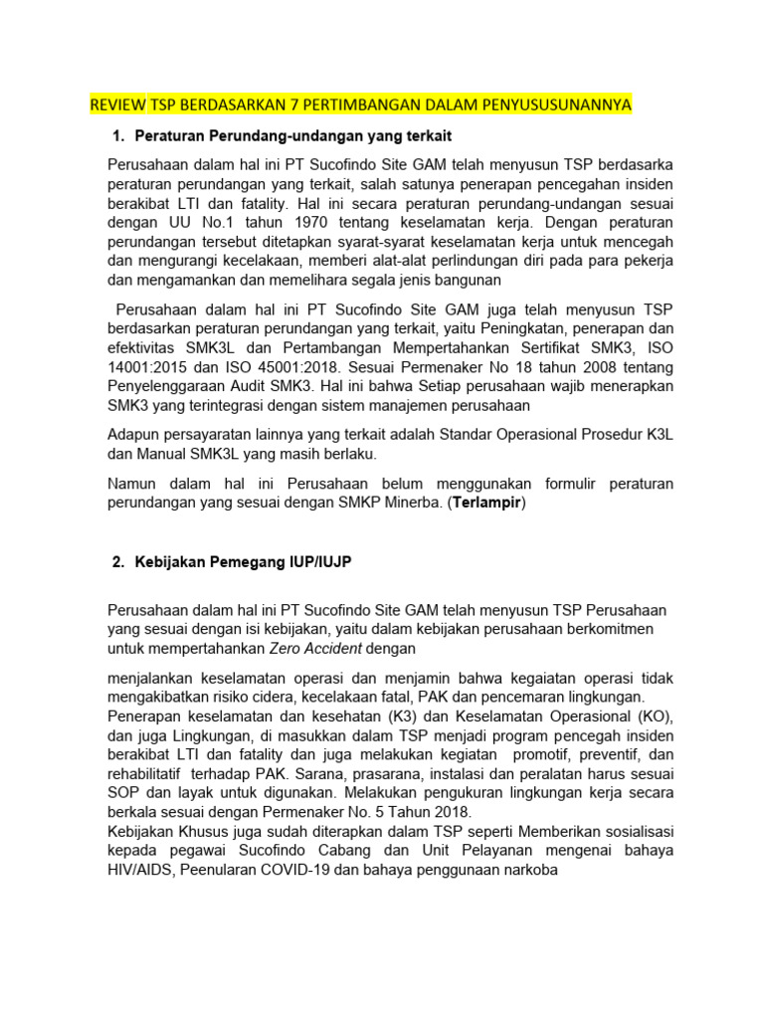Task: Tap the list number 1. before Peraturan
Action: click(118, 135)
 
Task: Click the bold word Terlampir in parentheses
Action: click(486, 504)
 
